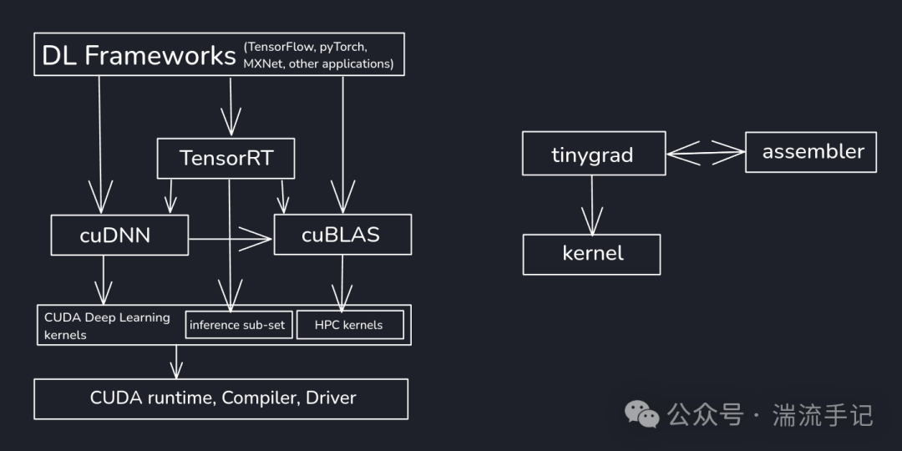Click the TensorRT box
225,158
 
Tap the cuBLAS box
342,235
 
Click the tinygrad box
593,154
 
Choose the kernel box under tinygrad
591,254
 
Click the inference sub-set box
239,325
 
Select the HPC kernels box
350,325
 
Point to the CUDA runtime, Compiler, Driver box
220,398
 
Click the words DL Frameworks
139,55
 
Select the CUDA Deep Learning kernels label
106,326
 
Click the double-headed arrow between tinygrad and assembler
705,152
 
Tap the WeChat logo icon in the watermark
643,413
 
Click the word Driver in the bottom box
331,398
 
